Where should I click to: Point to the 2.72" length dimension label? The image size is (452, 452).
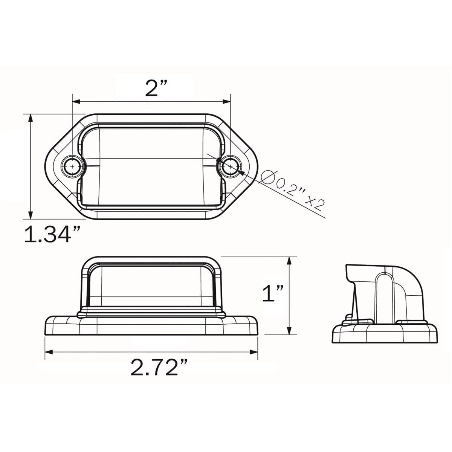159,368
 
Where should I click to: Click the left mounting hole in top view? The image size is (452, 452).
72,166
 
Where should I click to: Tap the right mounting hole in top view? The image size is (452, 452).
230,166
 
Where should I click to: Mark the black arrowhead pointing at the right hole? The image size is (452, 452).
241,172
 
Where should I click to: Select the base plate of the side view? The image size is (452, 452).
384,333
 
